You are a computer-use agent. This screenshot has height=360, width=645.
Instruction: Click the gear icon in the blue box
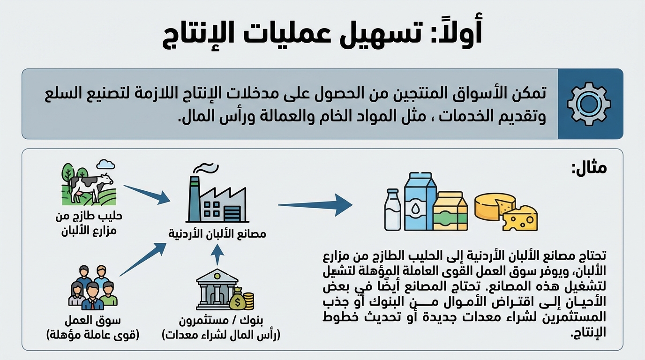pyautogui.click(x=589, y=104)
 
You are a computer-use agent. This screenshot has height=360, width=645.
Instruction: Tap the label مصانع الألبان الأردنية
pyautogui.click(x=217, y=233)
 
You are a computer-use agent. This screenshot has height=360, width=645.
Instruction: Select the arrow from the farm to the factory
pyautogui.click(x=147, y=194)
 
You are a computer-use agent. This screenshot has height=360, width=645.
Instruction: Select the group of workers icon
pyautogui.click(x=93, y=288)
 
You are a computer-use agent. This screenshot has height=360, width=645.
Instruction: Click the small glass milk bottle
pyautogui.click(x=392, y=210)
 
